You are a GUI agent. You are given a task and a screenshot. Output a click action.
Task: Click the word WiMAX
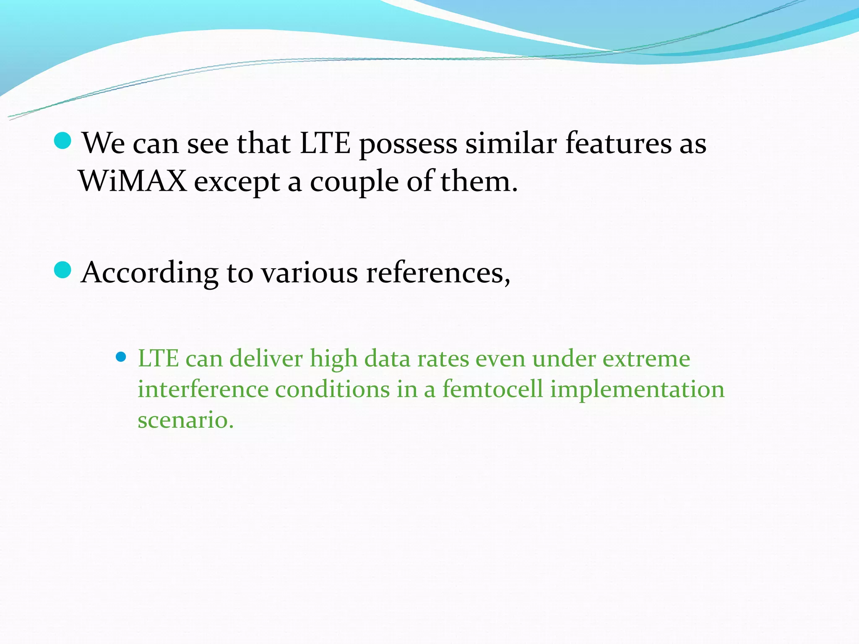(x=133, y=181)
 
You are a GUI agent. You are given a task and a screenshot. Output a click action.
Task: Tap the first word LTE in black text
(x=325, y=143)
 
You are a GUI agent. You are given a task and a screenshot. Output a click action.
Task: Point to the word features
(x=618, y=143)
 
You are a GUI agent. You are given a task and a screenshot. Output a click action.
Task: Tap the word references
(x=437, y=273)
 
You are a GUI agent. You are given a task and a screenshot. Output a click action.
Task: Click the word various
(x=310, y=273)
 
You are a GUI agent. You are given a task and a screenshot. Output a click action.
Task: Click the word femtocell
(x=492, y=389)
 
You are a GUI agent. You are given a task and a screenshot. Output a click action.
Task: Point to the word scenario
(x=185, y=420)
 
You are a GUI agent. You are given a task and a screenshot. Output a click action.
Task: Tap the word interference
(x=203, y=389)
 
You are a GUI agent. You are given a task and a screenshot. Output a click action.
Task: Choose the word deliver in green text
(x=266, y=359)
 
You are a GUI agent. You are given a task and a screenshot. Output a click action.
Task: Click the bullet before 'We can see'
(x=63, y=141)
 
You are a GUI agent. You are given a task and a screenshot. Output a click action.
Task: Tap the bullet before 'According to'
(x=63, y=270)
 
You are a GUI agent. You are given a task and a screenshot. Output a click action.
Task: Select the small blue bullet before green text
(x=121, y=357)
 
